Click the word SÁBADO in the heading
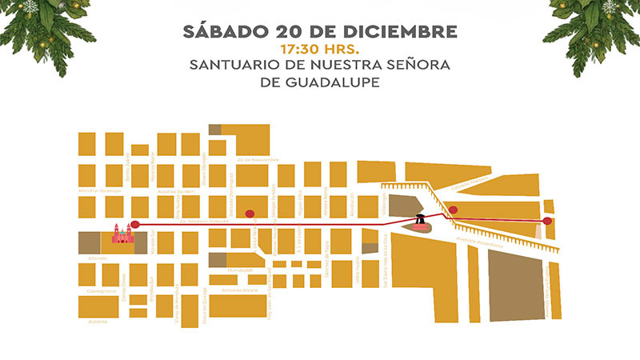[x=225, y=32]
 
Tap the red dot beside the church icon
[x=135, y=224]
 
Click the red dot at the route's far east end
[x=547, y=220]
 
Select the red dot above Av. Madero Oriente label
[x=250, y=213]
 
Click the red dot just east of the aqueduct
[x=453, y=210]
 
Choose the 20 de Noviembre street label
[x=257, y=159]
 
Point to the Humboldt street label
[x=240, y=270]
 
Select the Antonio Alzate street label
[x=241, y=290]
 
